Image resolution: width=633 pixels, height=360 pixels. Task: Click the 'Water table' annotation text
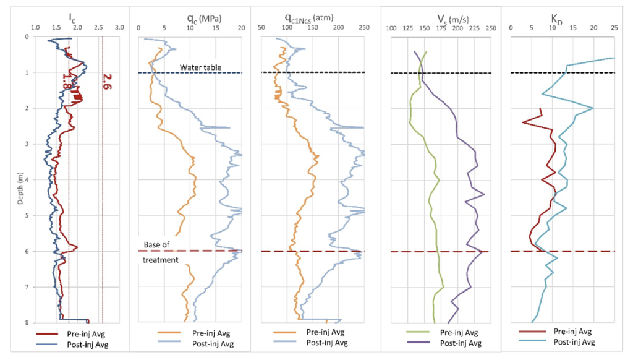[x=201, y=67]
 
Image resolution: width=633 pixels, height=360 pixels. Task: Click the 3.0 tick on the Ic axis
[x=120, y=28]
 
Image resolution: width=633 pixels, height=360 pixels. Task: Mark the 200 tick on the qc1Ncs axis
[x=338, y=28]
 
